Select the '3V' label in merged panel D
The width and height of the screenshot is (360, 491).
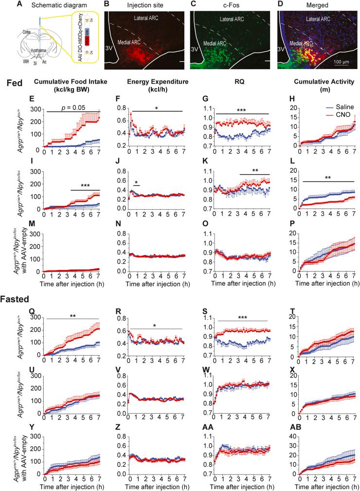(281, 49)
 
